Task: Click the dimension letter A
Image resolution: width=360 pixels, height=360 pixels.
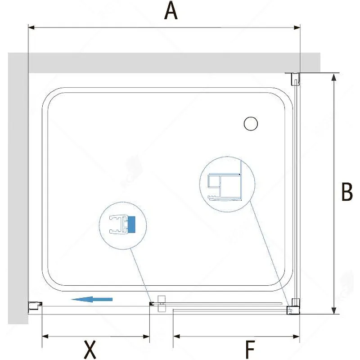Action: pos(171,10)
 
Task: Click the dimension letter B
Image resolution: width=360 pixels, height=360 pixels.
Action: pos(347,192)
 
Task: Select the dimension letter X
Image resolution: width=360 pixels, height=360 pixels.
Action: pos(90,350)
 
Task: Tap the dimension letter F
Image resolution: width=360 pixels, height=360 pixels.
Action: pos(250,350)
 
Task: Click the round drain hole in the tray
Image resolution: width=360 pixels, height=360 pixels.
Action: pos(251,123)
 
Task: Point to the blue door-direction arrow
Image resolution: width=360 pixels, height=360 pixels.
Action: pos(92,299)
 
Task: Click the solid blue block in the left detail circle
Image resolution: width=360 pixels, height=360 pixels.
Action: pos(131,224)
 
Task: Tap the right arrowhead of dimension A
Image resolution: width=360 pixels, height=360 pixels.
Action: pos(297,27)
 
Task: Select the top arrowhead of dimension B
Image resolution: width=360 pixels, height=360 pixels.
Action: pos(334,77)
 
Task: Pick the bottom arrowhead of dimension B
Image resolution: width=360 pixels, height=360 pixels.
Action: pos(334,310)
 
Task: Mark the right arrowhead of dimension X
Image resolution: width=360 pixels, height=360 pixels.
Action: pos(146,337)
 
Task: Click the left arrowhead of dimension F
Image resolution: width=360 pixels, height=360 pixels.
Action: pos(176,337)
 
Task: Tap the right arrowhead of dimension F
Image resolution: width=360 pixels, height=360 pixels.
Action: pos(297,337)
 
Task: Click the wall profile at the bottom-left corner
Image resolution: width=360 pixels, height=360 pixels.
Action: pos(35,307)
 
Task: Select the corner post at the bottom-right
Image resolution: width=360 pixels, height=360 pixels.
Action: pos(294,306)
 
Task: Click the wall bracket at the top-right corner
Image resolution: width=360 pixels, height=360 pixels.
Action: pos(294,79)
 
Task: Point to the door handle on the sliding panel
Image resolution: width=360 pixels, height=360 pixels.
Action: pos(162,303)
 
